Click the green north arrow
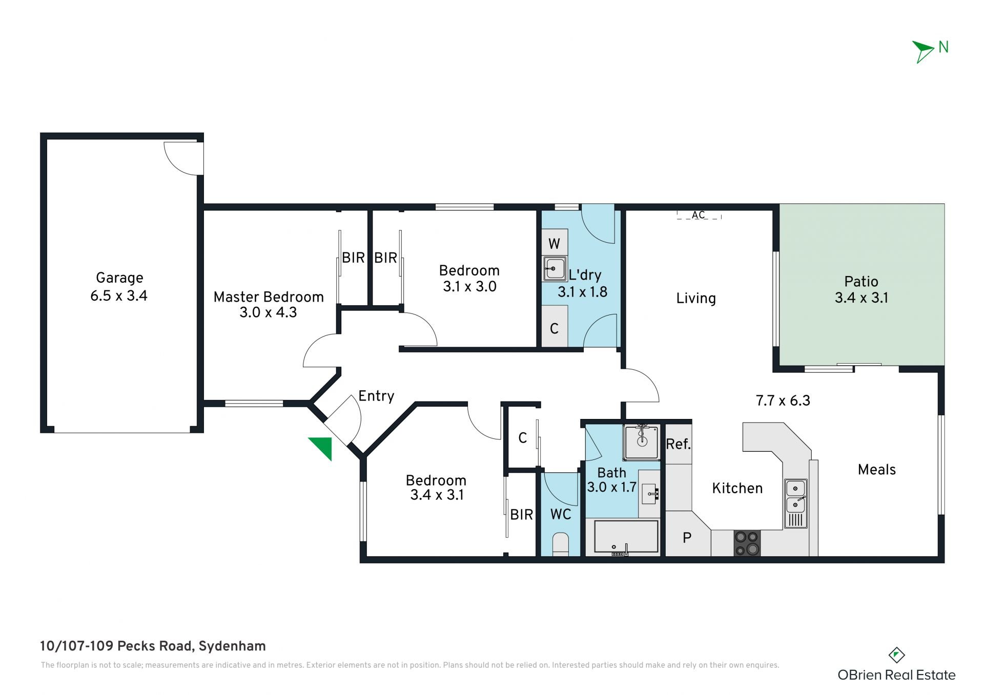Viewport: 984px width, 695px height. click(x=925, y=51)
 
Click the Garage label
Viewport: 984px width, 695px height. click(x=119, y=278)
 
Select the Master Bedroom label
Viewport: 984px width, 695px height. click(x=269, y=297)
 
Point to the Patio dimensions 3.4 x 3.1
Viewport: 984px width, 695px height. click(x=862, y=298)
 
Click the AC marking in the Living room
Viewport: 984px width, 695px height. click(x=699, y=215)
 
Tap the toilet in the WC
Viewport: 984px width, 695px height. click(x=561, y=544)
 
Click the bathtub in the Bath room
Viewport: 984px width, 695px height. click(x=626, y=538)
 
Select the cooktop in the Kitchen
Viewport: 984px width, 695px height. click(x=747, y=543)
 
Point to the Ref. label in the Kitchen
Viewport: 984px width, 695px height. click(x=678, y=444)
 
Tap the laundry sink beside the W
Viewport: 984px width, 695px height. click(x=555, y=268)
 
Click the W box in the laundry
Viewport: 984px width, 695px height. click(x=555, y=243)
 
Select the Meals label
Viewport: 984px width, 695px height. click(x=877, y=470)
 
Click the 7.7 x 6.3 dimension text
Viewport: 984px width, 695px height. click(x=783, y=401)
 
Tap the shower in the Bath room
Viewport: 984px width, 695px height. click(x=641, y=442)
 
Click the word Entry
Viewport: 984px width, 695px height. click(x=376, y=396)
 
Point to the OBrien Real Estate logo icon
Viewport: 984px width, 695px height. click(x=896, y=655)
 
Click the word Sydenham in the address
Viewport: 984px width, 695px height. click(x=232, y=646)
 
